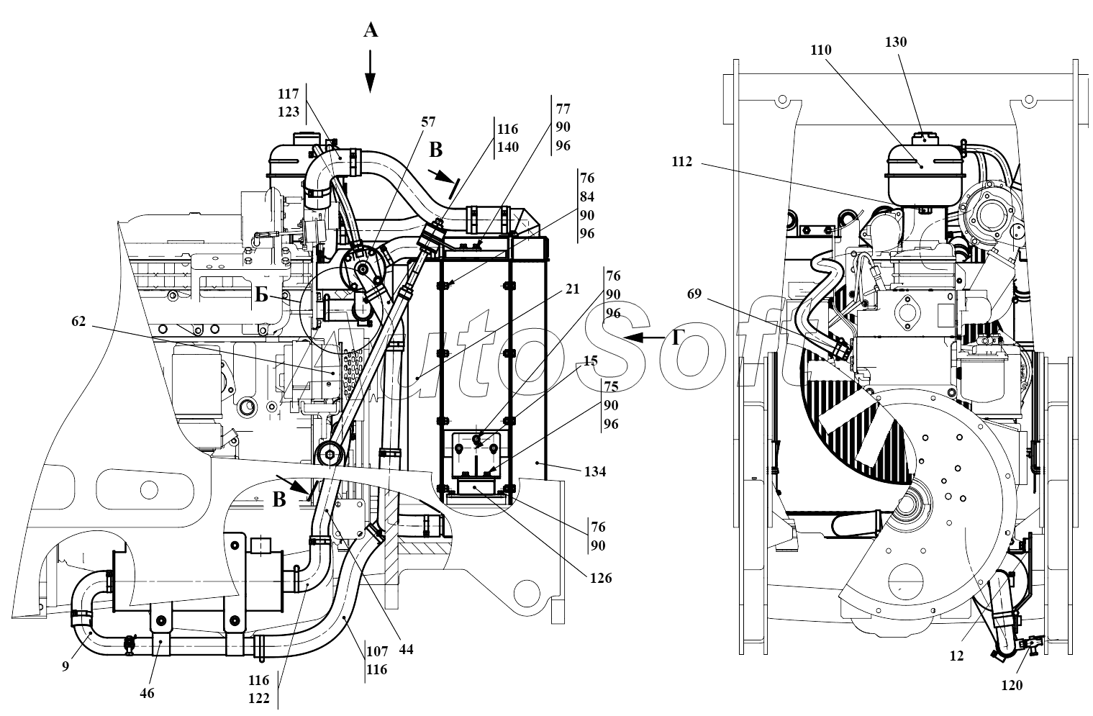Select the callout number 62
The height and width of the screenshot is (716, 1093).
(78, 322)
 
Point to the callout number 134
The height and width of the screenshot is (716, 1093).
(595, 472)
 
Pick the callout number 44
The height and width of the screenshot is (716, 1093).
(406, 648)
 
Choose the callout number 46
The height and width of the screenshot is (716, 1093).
(146, 693)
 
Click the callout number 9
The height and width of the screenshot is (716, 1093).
(65, 666)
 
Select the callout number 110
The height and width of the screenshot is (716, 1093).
(820, 50)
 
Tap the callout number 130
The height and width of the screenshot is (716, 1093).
(896, 42)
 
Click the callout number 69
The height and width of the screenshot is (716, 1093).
(694, 294)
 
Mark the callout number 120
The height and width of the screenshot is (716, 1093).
(1011, 685)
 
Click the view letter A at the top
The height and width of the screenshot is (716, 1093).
(370, 30)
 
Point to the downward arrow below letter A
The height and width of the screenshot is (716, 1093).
(370, 72)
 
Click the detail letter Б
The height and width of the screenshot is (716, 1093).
(263, 295)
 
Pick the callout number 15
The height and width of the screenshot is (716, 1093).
(590, 360)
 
